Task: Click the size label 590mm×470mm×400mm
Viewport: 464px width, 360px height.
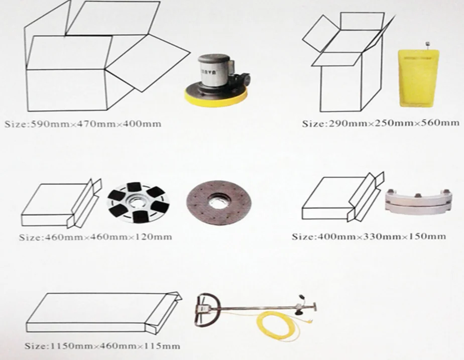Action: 83,124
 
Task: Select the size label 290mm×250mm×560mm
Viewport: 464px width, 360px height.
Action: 381,123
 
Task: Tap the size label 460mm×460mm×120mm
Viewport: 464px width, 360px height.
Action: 95,237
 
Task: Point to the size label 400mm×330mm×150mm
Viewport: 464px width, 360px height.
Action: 369,236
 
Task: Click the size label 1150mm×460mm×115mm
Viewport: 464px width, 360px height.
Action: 102,346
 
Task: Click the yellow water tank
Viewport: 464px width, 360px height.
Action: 418,77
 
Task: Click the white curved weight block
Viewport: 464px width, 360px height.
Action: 419,201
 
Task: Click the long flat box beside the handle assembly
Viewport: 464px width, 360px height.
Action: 103,314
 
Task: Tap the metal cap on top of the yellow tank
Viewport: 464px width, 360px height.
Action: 427,45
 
